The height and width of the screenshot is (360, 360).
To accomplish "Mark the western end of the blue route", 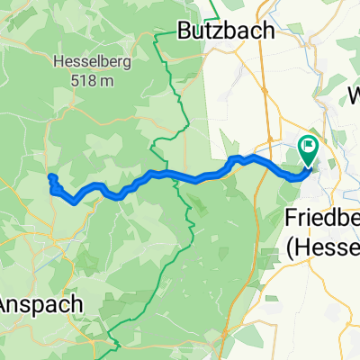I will click(x=51, y=176).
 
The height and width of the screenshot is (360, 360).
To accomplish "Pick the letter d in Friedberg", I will click(x=325, y=219).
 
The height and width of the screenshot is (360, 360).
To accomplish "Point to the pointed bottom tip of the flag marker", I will click(x=309, y=165).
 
